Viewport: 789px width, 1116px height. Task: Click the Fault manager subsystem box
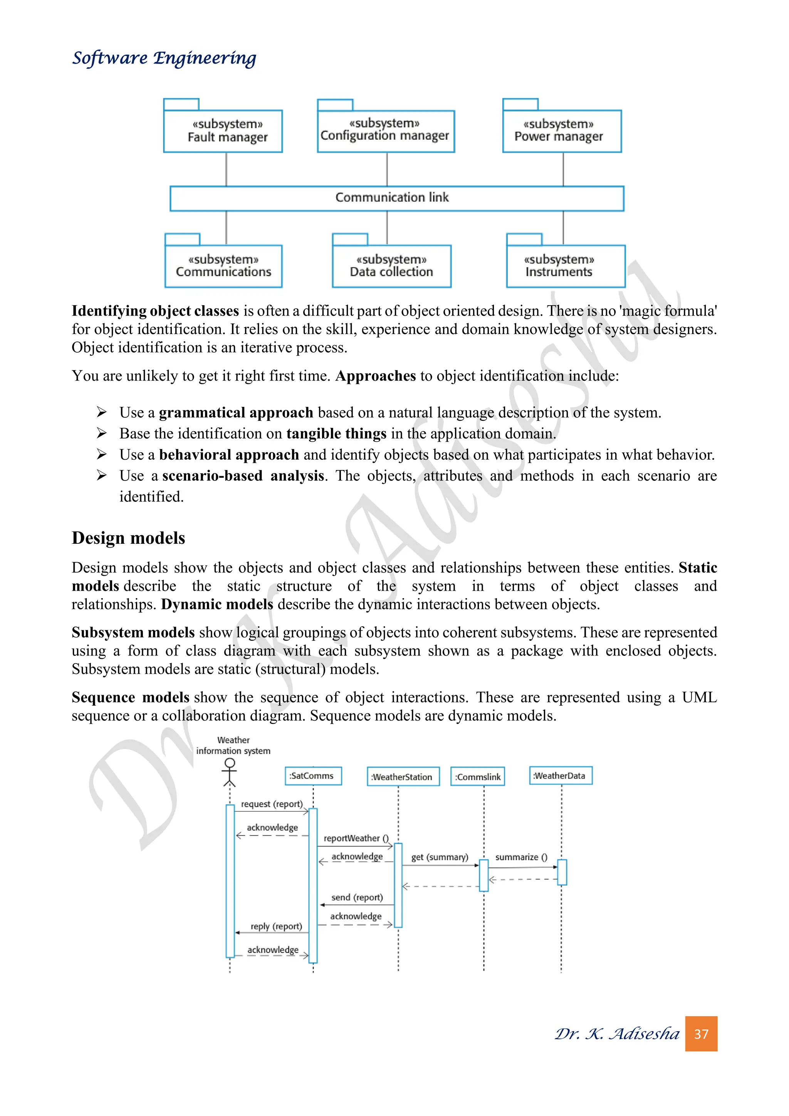point(223,131)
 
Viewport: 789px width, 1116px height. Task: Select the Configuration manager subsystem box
point(386,131)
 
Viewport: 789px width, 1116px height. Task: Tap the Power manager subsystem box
point(562,131)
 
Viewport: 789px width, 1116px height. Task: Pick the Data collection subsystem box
point(391,266)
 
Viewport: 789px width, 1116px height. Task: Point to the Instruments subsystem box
point(566,266)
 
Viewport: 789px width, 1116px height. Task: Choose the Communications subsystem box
point(223,266)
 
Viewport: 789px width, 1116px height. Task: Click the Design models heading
point(128,538)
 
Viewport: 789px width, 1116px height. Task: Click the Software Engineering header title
point(164,58)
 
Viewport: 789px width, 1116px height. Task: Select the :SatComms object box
point(313,776)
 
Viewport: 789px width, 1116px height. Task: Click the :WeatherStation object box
point(403,777)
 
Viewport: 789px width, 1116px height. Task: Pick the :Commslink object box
point(478,777)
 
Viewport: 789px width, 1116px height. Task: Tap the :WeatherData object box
point(560,776)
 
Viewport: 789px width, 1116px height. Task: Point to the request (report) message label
point(272,804)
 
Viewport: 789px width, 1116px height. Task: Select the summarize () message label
point(521,857)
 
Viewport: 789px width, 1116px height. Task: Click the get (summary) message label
point(439,857)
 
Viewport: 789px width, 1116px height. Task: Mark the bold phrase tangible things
point(336,434)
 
